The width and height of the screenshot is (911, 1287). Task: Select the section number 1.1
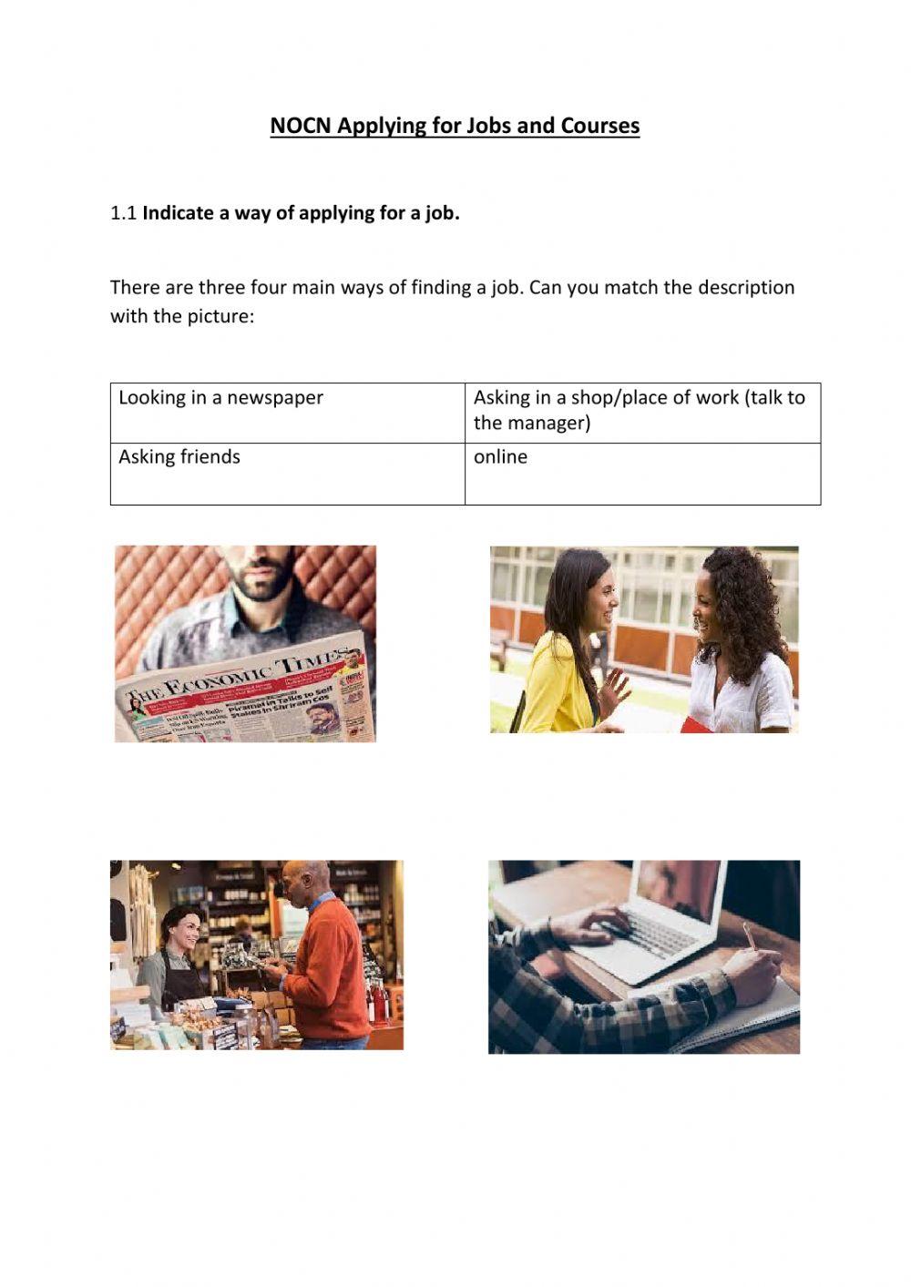pyautogui.click(x=123, y=213)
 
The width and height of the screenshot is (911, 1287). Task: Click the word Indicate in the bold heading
pyautogui.click(x=178, y=213)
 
